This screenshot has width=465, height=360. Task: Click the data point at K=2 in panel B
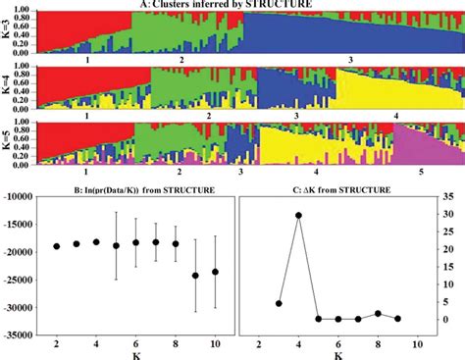57,246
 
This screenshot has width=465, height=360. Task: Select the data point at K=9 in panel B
195,276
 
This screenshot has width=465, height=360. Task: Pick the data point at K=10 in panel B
215,272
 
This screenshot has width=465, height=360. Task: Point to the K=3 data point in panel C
279,303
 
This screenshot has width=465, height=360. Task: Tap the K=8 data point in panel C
378,314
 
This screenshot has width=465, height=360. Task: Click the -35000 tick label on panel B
20,335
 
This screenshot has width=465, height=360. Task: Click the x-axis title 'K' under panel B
135,354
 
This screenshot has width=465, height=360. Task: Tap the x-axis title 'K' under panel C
338,354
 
